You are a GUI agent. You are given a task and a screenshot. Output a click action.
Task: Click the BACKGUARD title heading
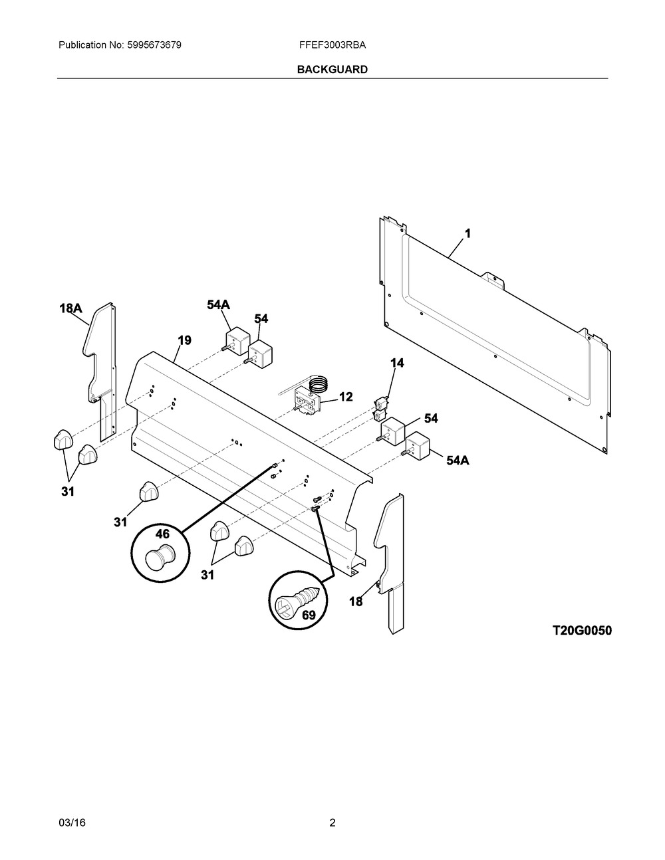coord(332,70)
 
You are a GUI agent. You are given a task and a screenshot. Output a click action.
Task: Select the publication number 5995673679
coord(154,45)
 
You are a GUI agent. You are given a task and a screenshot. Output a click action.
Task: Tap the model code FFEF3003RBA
coord(332,45)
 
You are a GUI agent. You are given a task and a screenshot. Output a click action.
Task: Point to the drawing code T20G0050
coord(581,631)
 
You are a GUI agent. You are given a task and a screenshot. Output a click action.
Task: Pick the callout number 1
coord(467,234)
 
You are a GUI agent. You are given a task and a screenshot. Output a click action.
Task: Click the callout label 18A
coord(71,308)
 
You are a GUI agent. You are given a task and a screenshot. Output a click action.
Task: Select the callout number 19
coord(184,340)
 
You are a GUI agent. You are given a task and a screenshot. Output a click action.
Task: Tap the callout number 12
coord(346,397)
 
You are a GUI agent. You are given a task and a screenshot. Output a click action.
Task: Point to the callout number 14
coord(398,363)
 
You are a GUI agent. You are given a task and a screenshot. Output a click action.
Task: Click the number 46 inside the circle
coord(162,534)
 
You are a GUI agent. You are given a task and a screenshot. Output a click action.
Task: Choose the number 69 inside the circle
coord(309,615)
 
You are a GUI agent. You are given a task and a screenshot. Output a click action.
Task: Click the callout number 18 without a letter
coord(356,601)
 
